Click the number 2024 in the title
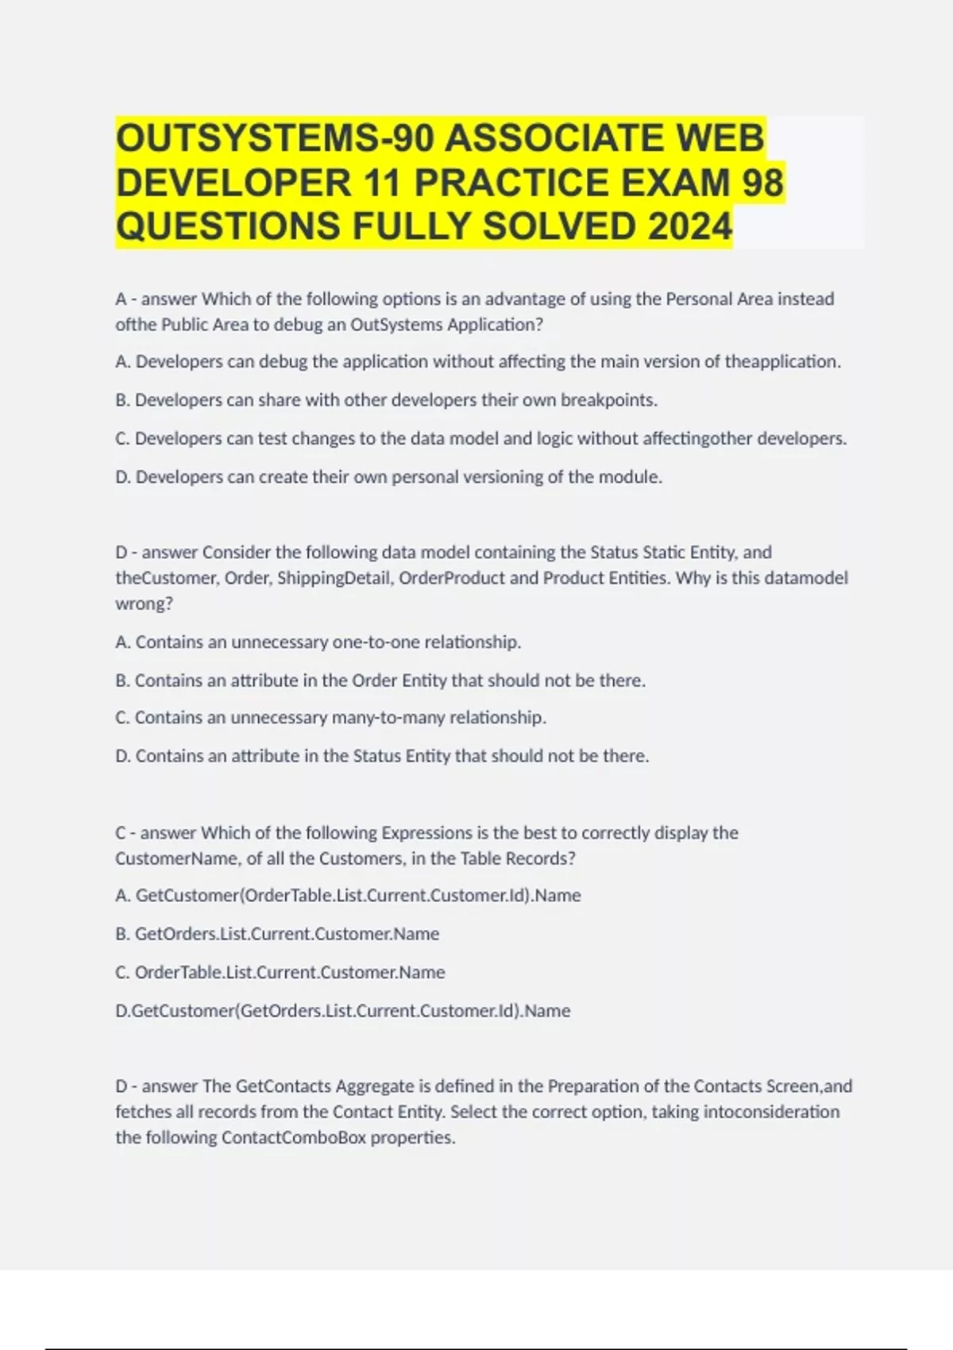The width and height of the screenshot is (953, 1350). [x=689, y=226]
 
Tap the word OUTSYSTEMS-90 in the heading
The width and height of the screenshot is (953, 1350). [x=275, y=138]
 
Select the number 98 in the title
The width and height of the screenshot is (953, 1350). [x=762, y=183]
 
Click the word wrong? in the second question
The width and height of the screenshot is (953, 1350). [x=144, y=604]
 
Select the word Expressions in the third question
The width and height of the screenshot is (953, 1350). [x=426, y=833]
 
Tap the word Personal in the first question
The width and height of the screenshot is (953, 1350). [x=698, y=299]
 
